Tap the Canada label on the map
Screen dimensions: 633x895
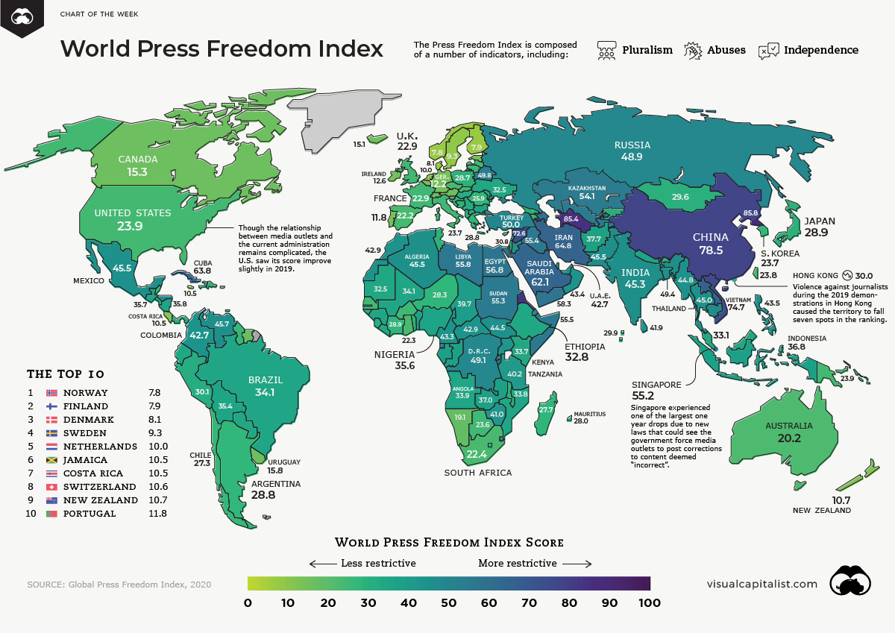(138, 160)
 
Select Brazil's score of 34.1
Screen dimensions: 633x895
(266, 393)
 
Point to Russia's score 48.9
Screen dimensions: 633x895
(632, 158)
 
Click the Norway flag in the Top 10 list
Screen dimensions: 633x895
(52, 393)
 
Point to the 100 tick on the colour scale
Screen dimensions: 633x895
(650, 602)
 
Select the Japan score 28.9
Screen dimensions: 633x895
(819, 233)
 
